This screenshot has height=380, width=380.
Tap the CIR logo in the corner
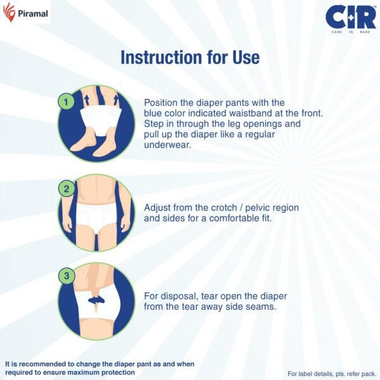(x=347, y=18)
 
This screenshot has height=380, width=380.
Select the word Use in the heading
(x=246, y=57)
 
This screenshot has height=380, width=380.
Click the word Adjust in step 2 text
(x=158, y=207)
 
